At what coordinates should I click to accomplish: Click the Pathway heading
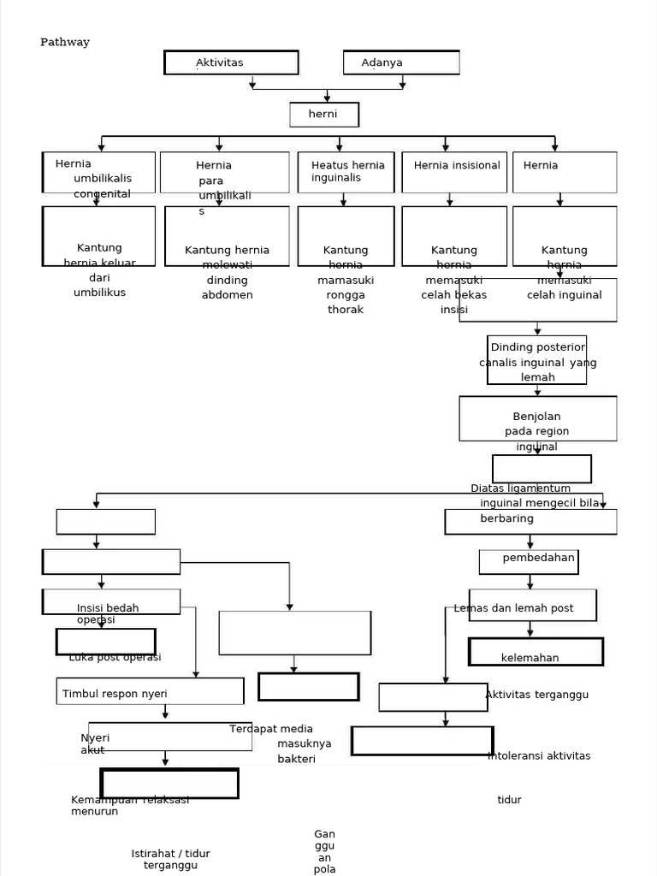click(x=65, y=42)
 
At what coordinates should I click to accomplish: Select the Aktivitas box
click(x=231, y=62)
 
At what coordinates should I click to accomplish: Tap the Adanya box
click(x=400, y=62)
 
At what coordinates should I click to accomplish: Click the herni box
click(x=323, y=115)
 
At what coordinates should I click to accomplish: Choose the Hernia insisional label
click(x=457, y=165)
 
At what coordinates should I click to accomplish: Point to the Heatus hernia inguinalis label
click(x=347, y=171)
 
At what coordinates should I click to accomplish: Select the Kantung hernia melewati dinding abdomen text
click(x=227, y=272)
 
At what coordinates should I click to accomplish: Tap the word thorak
click(x=346, y=310)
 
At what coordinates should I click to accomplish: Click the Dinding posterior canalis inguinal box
click(x=537, y=360)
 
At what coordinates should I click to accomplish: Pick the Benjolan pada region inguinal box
click(x=537, y=423)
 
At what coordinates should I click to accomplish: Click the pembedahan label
click(x=539, y=558)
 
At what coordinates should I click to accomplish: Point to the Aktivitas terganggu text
click(x=536, y=695)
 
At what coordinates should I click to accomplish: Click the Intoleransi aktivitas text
click(x=539, y=755)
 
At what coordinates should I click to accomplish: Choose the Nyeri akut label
click(x=95, y=743)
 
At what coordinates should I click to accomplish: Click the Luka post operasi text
click(x=115, y=657)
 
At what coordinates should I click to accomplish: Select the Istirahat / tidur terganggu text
click(x=170, y=859)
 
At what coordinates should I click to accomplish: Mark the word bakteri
click(x=296, y=759)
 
